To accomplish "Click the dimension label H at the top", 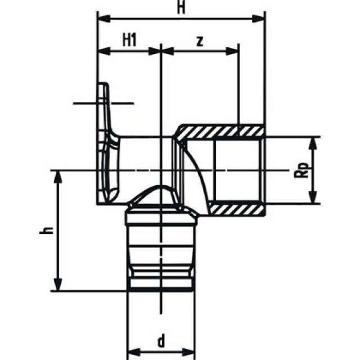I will [181, 7].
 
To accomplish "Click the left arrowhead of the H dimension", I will [102, 17].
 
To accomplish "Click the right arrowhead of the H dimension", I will [260, 17].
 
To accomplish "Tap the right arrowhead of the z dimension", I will [236, 51].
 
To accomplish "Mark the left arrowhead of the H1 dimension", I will [102, 51].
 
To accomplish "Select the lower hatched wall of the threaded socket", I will [236, 209].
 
